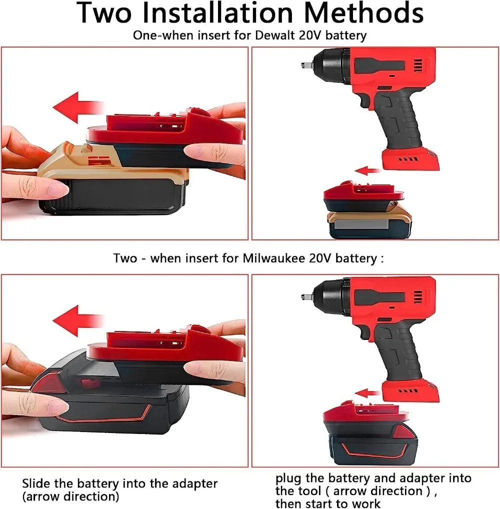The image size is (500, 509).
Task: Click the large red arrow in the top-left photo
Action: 78,107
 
